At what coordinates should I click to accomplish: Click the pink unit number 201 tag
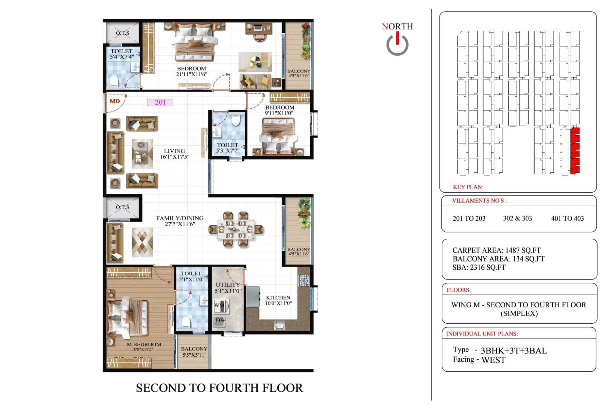click(x=160, y=102)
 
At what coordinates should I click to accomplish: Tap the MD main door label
click(x=114, y=101)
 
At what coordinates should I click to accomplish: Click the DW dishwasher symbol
click(x=220, y=320)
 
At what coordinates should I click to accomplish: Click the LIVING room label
click(x=174, y=151)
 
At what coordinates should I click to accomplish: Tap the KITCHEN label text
click(x=278, y=298)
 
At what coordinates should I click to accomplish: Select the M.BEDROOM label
click(x=144, y=344)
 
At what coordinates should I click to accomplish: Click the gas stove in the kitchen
click(x=304, y=280)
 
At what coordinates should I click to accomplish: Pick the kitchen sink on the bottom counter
click(x=279, y=326)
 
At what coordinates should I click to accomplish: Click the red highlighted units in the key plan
click(x=575, y=151)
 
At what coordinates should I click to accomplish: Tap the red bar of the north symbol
click(x=397, y=38)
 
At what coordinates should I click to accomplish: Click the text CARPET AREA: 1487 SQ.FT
click(x=496, y=250)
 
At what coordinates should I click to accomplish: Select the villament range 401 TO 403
click(x=567, y=218)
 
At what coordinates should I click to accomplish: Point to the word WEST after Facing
click(x=493, y=360)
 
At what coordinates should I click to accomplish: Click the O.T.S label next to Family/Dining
click(x=122, y=207)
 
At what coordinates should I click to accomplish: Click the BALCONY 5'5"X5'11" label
click(x=194, y=352)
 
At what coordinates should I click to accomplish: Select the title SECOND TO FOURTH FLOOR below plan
click(x=219, y=388)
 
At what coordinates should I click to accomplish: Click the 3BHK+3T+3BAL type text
click(x=513, y=351)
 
